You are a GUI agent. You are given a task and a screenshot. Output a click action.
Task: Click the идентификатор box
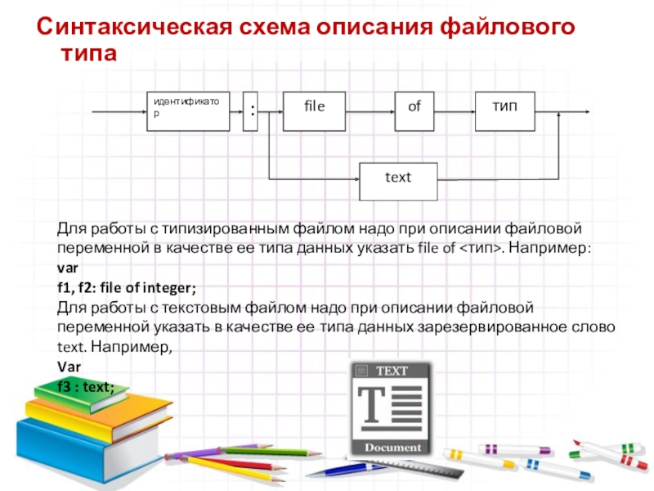tap(187, 110)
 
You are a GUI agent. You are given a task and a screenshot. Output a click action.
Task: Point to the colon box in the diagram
tap(253, 110)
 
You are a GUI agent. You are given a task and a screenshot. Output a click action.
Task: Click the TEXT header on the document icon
tap(391, 370)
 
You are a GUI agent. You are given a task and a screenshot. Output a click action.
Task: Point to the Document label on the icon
tap(392, 448)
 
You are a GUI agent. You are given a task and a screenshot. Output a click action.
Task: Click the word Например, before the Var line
tap(133, 347)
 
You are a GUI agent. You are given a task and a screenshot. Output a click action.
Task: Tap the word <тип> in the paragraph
tap(479, 248)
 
